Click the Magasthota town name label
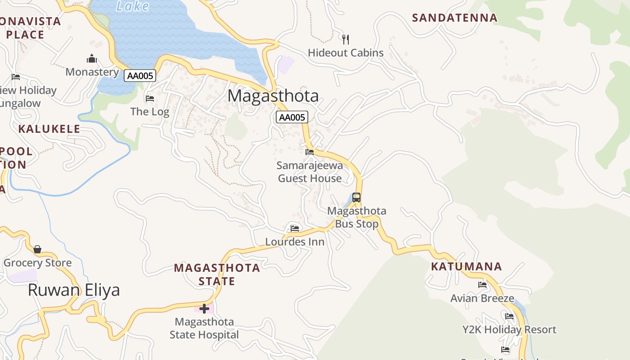point(273,96)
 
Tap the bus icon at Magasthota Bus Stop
point(356,197)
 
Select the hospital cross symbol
point(204,309)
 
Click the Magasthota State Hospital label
point(204,328)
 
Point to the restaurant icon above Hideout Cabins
point(346,40)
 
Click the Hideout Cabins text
point(346,53)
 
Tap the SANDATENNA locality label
point(454,18)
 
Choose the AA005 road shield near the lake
point(140,76)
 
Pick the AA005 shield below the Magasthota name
point(292,117)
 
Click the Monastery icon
point(92,58)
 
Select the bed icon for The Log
point(150,98)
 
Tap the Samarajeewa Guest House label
point(310,172)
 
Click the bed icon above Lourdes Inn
point(295,229)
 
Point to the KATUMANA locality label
point(466,266)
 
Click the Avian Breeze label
point(482,298)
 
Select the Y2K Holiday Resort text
point(509,329)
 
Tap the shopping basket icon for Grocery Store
point(37,249)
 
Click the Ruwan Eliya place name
point(74,290)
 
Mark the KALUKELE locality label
point(49,129)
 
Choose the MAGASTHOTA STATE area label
point(217,274)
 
